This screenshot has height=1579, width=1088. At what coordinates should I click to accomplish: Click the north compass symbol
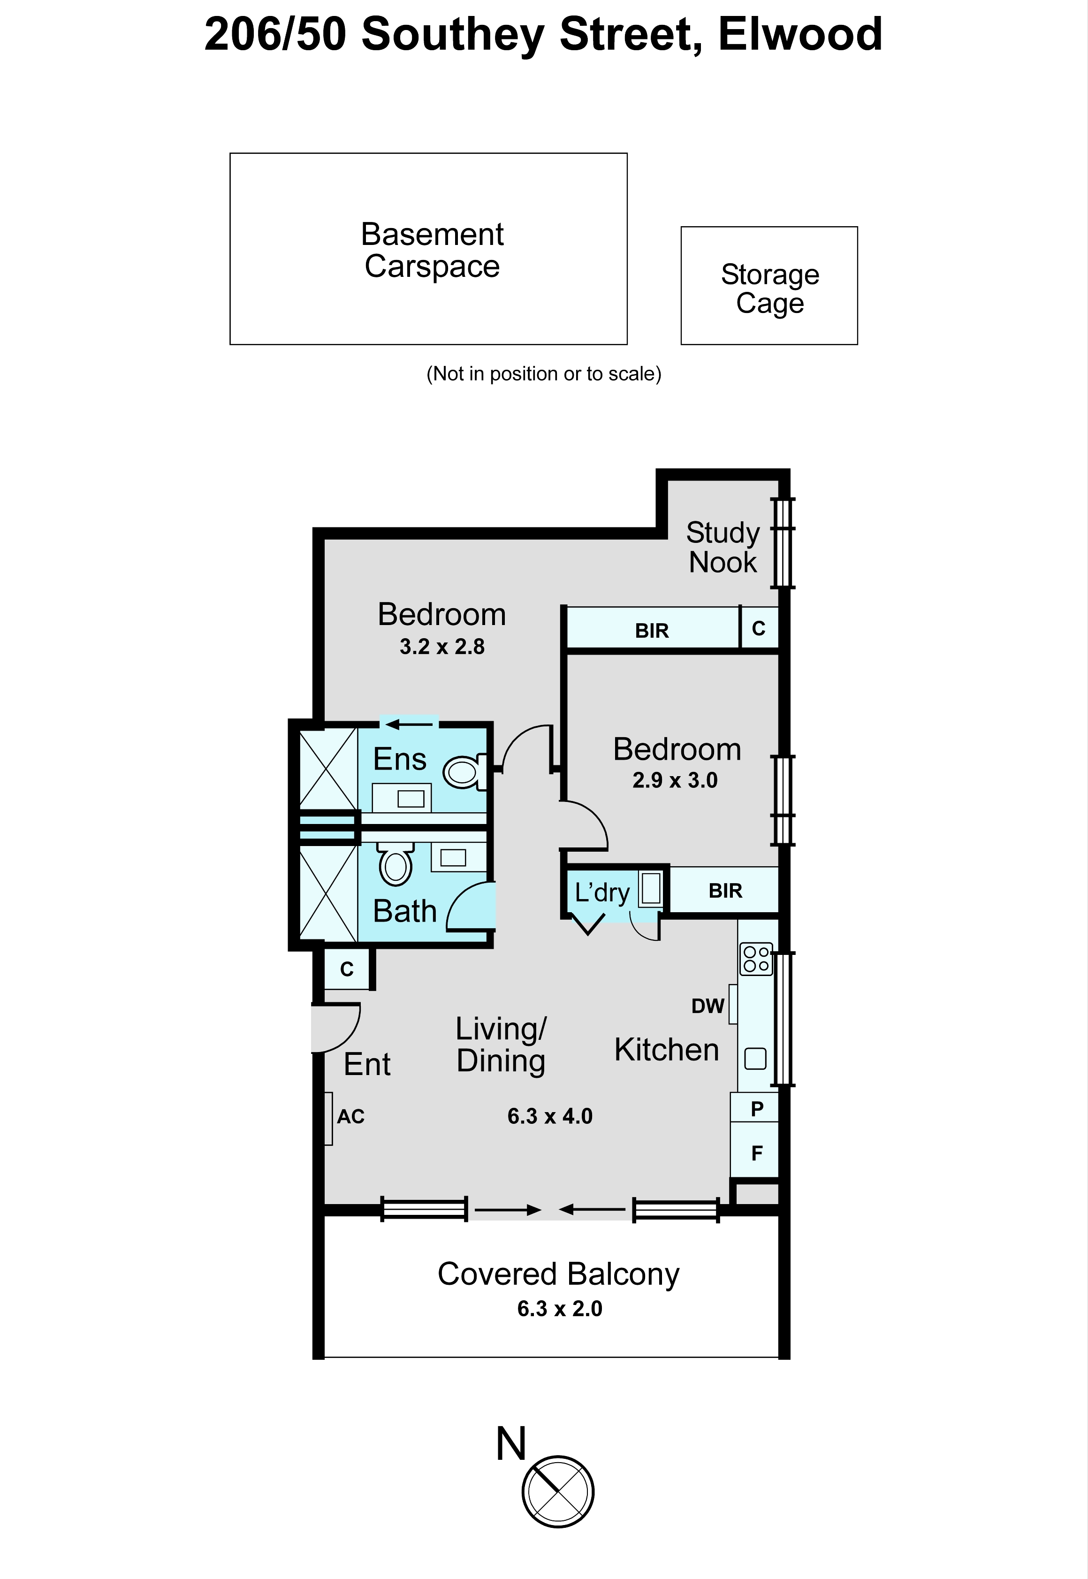[x=558, y=1492]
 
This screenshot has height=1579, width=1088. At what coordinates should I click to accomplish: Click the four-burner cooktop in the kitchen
[x=756, y=959]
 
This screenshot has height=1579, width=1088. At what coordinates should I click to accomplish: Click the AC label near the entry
[x=351, y=1116]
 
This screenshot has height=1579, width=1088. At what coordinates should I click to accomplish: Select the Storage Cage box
[x=769, y=286]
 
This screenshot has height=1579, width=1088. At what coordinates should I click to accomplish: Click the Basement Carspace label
[x=432, y=250]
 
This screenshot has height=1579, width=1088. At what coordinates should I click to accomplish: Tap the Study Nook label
[x=723, y=548]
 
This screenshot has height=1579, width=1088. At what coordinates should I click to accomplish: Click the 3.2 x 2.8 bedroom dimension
[x=442, y=646]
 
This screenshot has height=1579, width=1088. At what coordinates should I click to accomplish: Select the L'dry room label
[x=602, y=892]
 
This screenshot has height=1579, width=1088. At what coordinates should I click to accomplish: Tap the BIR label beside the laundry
[x=725, y=891]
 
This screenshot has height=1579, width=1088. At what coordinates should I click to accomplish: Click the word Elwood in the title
[x=800, y=34]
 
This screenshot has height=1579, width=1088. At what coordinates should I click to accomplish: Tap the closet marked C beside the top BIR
[x=759, y=628]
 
